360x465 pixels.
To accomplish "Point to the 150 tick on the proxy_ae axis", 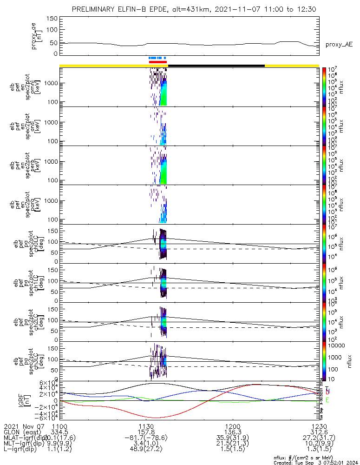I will (52, 19).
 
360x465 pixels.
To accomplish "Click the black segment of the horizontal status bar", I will (216, 66).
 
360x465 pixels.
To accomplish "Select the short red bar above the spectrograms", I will (157, 62).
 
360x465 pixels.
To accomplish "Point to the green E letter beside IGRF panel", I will (327, 400).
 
